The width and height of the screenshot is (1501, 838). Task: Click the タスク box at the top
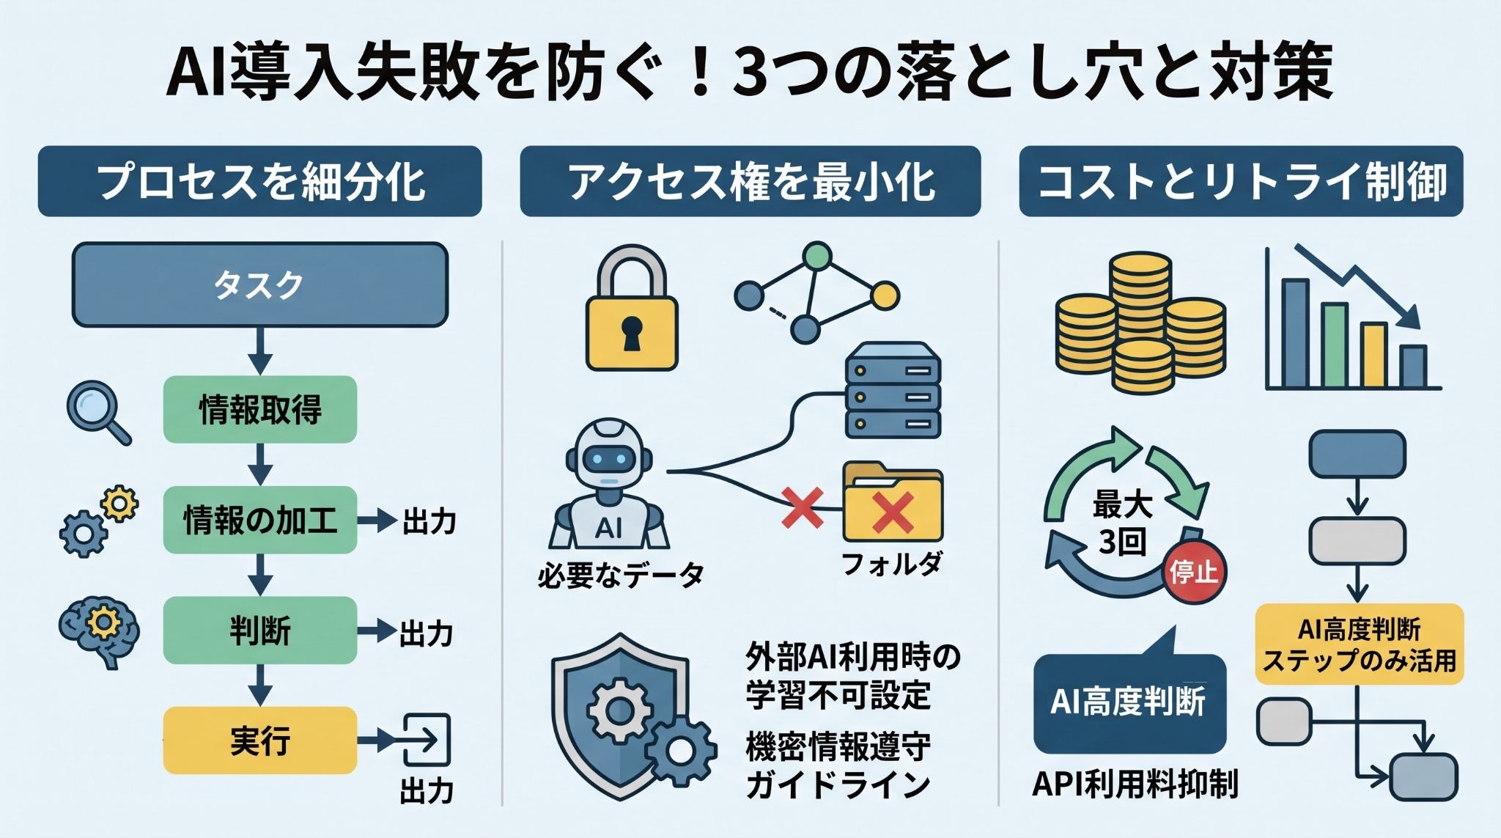(x=259, y=284)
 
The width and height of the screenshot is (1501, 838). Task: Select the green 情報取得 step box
(x=259, y=409)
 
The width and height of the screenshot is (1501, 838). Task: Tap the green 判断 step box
(x=259, y=631)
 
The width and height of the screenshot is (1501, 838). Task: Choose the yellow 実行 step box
(x=259, y=740)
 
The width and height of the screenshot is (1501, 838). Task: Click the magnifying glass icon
(x=98, y=414)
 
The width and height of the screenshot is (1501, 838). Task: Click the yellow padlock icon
(x=632, y=308)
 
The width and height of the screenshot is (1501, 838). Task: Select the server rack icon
(x=893, y=391)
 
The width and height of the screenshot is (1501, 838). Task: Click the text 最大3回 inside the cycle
(x=1121, y=523)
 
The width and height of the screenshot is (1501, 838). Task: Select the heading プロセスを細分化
(x=260, y=182)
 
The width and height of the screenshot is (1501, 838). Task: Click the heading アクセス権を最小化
(x=750, y=182)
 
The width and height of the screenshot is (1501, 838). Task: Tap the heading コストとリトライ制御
(x=1241, y=182)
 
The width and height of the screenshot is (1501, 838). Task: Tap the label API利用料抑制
(x=1135, y=784)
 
